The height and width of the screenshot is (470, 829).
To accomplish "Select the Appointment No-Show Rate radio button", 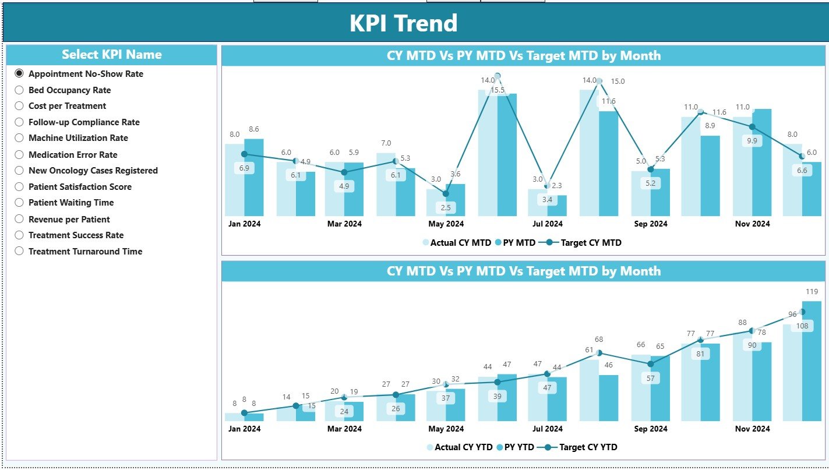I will point(19,73).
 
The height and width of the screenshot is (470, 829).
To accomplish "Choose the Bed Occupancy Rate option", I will point(19,90).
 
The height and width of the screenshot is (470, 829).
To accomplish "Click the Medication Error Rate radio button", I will point(19,154).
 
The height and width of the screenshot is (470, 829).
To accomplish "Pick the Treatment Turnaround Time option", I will point(19,251).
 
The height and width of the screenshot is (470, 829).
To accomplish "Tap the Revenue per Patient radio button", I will point(19,219).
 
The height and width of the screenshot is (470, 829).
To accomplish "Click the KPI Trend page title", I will point(403,23).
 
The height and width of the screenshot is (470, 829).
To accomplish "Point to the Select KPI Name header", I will point(111,55).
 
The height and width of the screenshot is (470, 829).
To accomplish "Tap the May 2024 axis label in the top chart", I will point(446,224).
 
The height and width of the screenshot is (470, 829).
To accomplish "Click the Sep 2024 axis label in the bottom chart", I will point(650,429).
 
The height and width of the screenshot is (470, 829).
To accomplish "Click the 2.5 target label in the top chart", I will point(446,207).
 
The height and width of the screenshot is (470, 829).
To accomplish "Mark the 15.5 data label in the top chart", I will point(497,90).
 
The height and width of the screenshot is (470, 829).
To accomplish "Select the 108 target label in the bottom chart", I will point(802,326).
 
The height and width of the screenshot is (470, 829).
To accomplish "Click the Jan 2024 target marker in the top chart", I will point(244,154).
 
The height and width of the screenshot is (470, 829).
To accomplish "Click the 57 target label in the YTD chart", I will point(650,378).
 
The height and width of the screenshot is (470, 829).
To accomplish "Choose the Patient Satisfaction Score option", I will point(19,187).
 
